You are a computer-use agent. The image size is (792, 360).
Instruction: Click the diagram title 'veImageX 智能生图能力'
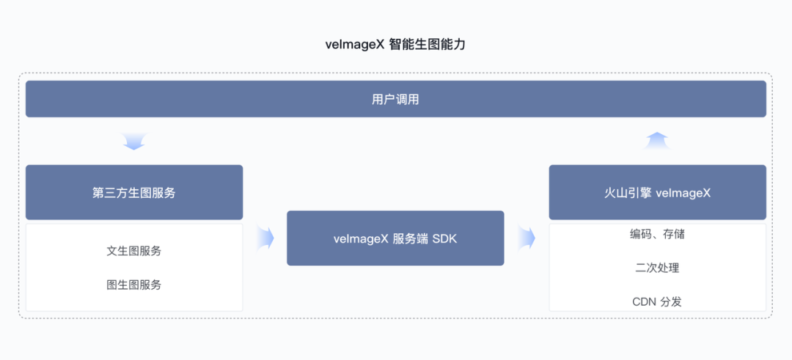click(x=395, y=45)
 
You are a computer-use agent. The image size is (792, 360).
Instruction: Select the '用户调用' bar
click(x=396, y=99)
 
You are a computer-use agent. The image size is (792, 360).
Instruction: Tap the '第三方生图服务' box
click(x=134, y=192)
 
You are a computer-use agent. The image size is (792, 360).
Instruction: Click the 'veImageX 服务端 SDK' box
click(x=395, y=238)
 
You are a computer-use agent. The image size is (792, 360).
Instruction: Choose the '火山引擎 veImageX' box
click(x=658, y=192)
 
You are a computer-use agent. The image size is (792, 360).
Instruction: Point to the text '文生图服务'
click(x=134, y=251)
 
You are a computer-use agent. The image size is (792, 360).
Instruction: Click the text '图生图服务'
click(x=134, y=284)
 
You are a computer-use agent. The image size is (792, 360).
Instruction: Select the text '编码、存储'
click(x=657, y=234)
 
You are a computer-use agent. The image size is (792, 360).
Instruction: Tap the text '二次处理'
click(x=657, y=268)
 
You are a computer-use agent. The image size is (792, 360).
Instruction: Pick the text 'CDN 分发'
click(x=657, y=302)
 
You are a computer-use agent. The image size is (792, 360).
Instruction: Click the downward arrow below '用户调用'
click(x=134, y=142)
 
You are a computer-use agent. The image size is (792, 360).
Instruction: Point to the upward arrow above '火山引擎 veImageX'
click(x=656, y=140)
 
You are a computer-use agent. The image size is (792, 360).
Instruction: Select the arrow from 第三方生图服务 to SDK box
click(x=265, y=238)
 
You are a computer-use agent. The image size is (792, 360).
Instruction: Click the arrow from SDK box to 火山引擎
click(x=527, y=238)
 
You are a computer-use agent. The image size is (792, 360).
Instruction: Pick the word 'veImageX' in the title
click(x=356, y=45)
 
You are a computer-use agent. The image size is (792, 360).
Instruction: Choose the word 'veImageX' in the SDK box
click(x=361, y=239)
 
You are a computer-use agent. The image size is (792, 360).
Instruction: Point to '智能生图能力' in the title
click(x=428, y=45)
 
